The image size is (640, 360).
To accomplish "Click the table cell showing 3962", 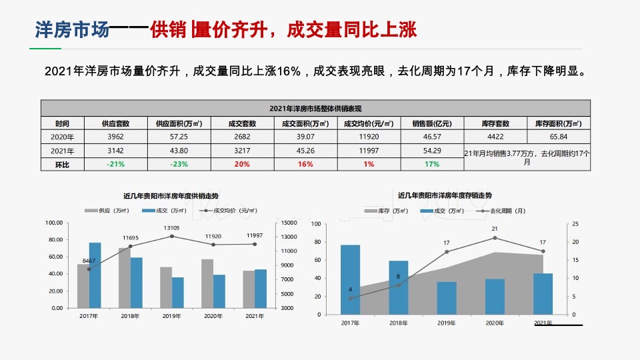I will tap(115, 137).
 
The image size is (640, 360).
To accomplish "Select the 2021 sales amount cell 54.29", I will tap(431, 151).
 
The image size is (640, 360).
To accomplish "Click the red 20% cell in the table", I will tap(242, 164).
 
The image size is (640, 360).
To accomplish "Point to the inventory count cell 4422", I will tap(495, 137).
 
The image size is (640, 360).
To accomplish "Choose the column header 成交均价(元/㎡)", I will tap(369, 123).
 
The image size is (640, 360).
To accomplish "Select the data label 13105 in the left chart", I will tap(171, 228).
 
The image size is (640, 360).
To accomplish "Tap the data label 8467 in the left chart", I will tap(89, 261).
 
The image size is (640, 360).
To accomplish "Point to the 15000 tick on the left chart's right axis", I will tap(288, 223).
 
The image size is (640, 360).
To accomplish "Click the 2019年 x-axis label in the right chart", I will tap(447, 323).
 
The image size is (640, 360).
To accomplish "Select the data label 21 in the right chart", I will tap(495, 229).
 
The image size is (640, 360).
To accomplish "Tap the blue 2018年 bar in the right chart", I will tap(399, 287).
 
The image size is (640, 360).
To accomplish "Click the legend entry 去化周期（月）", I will tap(501, 211).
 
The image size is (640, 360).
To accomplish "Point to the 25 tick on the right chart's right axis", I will tap(575, 224).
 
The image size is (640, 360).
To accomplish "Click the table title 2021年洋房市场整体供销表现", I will tap(315, 108).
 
